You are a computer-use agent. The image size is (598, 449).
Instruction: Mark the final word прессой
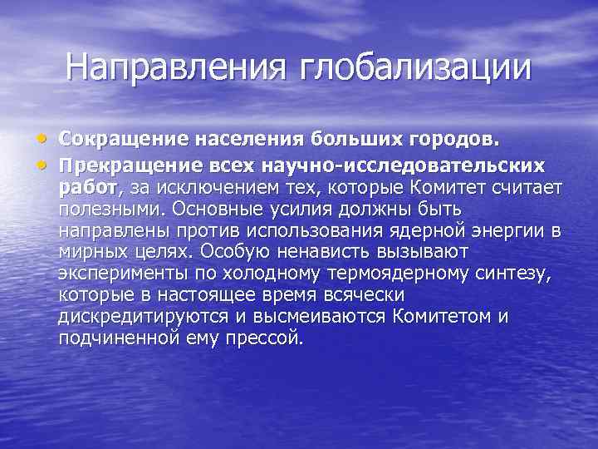coord(266,338)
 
